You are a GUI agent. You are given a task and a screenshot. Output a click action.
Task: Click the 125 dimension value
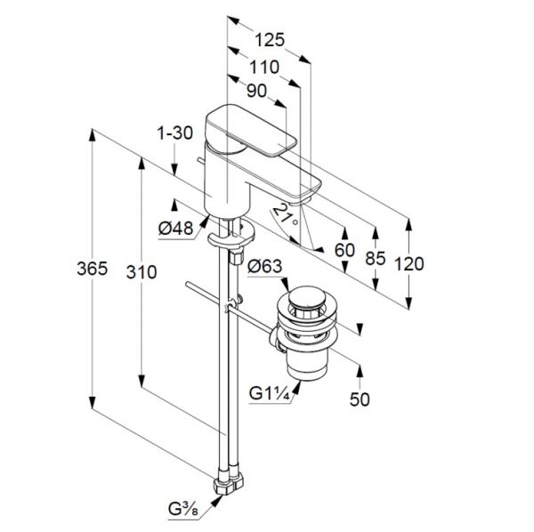[270, 40]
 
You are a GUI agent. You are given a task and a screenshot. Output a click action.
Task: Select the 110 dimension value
[264, 67]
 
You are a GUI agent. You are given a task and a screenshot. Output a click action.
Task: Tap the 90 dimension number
[257, 91]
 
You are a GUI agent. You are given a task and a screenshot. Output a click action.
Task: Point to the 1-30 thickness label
[174, 133]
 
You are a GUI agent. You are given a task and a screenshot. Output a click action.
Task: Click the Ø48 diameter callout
[175, 228]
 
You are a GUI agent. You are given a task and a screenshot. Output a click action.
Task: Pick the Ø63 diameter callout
[265, 266]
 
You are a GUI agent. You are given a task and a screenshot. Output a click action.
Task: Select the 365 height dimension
[92, 269]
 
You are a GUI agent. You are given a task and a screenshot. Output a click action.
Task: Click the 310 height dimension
[142, 272]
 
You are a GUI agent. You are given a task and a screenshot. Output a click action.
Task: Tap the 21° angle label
[286, 215]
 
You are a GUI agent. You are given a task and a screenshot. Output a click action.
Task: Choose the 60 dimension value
[344, 250]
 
